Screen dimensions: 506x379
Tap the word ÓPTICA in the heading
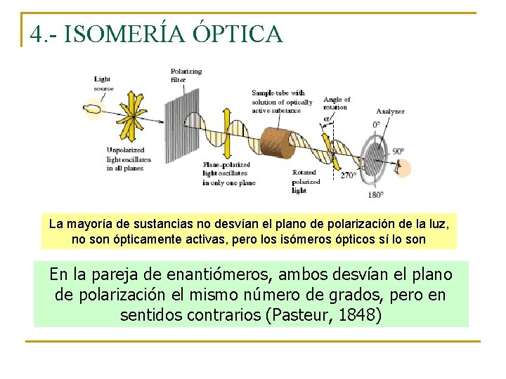[x=238, y=33]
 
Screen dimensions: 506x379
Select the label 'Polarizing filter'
[x=186, y=75]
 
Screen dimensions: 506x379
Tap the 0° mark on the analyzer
[x=377, y=125]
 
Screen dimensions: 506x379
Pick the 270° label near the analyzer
[x=348, y=175]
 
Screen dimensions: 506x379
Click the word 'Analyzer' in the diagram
[x=389, y=111]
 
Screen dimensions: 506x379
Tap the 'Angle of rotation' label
[x=337, y=103]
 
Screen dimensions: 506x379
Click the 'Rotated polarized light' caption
[x=306, y=181]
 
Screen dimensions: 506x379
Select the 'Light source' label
[x=103, y=84]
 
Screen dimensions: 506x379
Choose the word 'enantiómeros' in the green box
[x=226, y=274]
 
